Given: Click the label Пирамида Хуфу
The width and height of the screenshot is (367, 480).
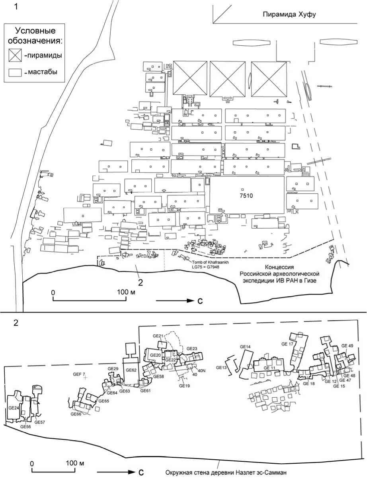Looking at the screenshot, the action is (x=289, y=15).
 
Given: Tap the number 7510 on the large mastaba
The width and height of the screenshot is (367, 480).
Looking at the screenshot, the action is (x=246, y=196).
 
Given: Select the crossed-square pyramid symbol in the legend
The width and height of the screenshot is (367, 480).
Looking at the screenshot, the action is (x=15, y=55).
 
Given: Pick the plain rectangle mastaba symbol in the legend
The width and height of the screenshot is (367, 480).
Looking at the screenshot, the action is (x=15, y=73).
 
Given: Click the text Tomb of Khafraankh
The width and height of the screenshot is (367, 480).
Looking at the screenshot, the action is (x=210, y=262).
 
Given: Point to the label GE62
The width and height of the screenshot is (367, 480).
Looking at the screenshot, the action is (x=131, y=370).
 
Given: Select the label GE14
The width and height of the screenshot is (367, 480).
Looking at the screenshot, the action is (x=245, y=347).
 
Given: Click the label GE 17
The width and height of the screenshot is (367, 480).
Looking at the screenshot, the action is (x=287, y=344).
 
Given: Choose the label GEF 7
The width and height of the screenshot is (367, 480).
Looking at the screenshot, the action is (x=79, y=374).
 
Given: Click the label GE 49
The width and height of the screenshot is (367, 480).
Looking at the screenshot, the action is (x=347, y=346).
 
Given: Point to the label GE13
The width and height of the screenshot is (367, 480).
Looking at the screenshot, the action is (x=221, y=367).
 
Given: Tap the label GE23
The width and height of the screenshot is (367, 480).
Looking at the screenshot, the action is (x=192, y=349).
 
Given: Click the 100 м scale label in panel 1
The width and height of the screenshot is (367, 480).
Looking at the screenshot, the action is (x=126, y=292).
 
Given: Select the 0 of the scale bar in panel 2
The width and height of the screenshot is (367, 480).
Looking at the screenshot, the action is (x=32, y=463).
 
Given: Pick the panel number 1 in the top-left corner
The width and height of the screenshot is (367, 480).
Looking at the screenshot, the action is (x=16, y=7).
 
